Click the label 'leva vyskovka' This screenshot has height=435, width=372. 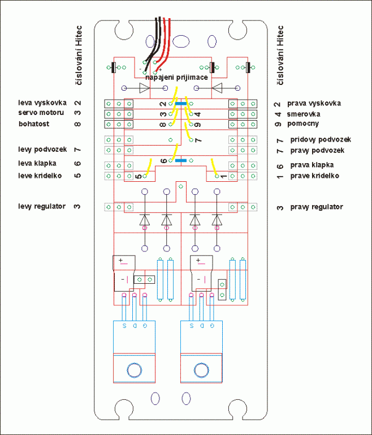pyautogui.click(x=42, y=103)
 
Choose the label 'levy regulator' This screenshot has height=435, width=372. pyautogui.click(x=42, y=206)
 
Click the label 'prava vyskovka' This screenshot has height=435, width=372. pyautogui.click(x=314, y=104)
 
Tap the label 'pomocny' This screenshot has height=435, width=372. pyautogui.click(x=303, y=123)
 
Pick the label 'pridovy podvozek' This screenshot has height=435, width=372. pyautogui.click(x=321, y=139)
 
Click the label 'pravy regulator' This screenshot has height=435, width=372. pyautogui.click(x=317, y=207)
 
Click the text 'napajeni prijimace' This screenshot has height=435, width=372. pyautogui.click(x=177, y=77)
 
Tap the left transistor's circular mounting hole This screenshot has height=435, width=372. pyautogui.click(x=134, y=370)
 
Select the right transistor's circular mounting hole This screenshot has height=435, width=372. pyautogui.click(x=201, y=370)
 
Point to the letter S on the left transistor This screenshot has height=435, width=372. pyautogui.click(x=123, y=327)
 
